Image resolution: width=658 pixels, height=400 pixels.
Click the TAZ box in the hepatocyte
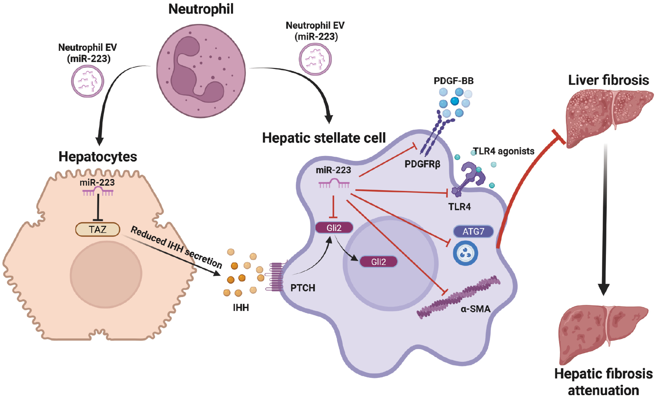coord(98,230)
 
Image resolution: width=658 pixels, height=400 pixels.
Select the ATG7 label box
coord(473,231)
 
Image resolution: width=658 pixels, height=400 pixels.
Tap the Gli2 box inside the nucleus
coord(378,262)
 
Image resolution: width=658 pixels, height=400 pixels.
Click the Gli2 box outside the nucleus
coord(334,228)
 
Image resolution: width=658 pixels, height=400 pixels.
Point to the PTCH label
coord(303,288)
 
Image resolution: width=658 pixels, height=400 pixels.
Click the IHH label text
coord(241,308)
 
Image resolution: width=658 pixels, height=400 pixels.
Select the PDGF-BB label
coord(453,81)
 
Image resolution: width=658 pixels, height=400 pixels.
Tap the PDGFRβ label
coord(422,164)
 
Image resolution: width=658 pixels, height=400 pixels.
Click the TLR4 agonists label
coord(504,151)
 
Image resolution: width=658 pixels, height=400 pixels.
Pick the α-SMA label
coord(475,309)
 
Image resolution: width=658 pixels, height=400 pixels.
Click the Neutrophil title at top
coord(201,9)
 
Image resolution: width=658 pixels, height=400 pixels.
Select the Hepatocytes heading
coord(98,156)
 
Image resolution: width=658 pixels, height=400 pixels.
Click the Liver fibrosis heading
coord(608,80)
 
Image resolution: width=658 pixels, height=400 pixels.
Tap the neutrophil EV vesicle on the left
coord(88,81)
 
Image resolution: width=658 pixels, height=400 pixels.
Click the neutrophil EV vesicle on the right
coord(315,59)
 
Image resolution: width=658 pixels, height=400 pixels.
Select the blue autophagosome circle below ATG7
coord(465,253)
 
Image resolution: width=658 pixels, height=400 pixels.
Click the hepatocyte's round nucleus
coord(106,274)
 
